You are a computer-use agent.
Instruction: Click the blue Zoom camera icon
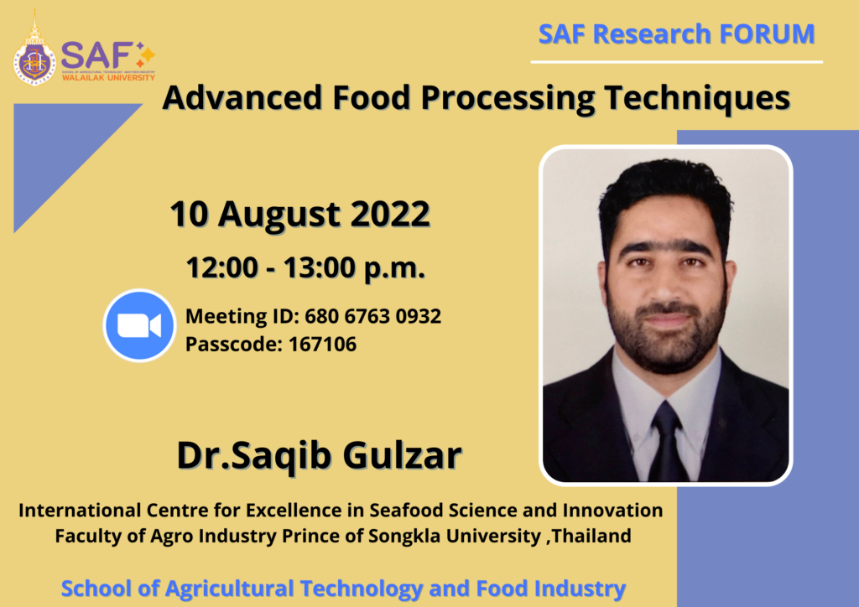coord(138,325)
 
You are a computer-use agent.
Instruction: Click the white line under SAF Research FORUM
coord(676,61)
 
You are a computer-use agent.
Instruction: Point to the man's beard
coord(667,335)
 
